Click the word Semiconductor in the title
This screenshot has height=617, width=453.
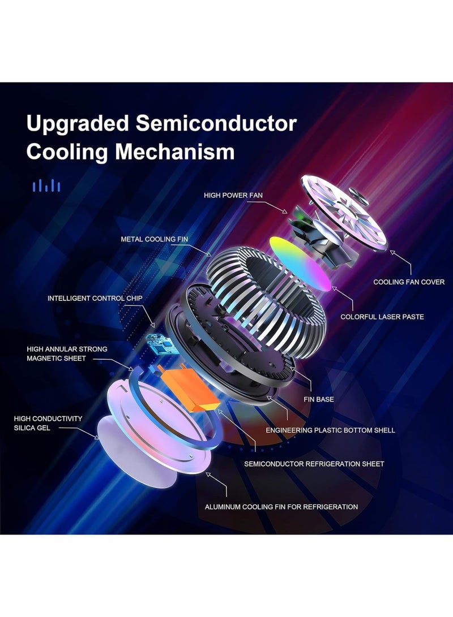pyautogui.click(x=216, y=123)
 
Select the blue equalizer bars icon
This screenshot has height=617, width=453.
pyautogui.click(x=46, y=185)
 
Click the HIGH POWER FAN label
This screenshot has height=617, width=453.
pyautogui.click(x=233, y=195)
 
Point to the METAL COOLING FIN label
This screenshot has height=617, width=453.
pyautogui.click(x=155, y=239)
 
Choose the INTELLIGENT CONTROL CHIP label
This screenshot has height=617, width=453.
pyautogui.click(x=95, y=298)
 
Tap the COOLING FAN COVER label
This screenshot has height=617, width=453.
pyautogui.click(x=409, y=282)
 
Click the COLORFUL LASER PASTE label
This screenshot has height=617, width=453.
pyautogui.click(x=382, y=317)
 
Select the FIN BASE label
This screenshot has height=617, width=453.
pyautogui.click(x=319, y=399)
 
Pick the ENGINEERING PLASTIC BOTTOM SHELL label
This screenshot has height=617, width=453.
pyautogui.click(x=331, y=430)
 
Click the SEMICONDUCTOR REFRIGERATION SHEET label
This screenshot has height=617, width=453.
pyautogui.click(x=314, y=464)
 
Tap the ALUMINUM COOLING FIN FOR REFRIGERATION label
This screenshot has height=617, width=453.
pyautogui.click(x=281, y=507)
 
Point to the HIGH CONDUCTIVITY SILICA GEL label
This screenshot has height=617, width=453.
pyautogui.click(x=48, y=424)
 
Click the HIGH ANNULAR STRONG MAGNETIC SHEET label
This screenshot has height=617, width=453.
pyautogui.click(x=67, y=354)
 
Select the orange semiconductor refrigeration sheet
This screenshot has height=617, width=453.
pyautogui.click(x=189, y=388)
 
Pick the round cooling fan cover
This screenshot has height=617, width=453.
pyautogui.click(x=344, y=213)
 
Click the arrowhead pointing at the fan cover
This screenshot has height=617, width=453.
pyautogui.click(x=392, y=253)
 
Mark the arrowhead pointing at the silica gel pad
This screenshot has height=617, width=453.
pyautogui.click(x=96, y=437)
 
